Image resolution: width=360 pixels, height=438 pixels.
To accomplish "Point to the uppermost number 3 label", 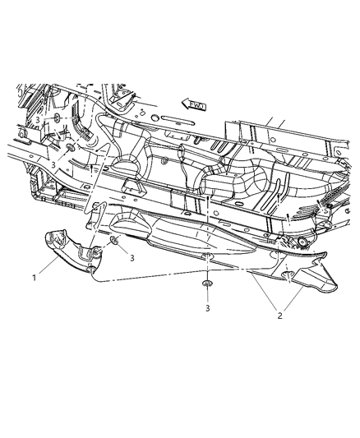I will (37, 120).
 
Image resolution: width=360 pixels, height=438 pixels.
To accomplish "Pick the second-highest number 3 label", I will (54, 164).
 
